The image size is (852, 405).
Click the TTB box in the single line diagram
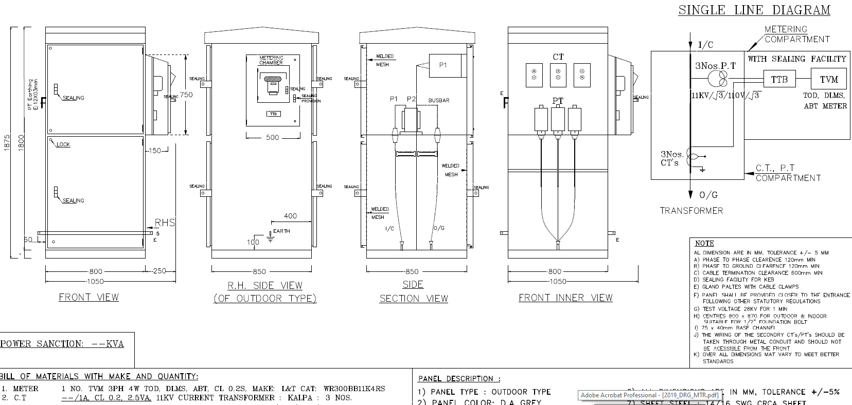click(780, 80)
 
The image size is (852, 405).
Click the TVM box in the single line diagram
click(829, 80)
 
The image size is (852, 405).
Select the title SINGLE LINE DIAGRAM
click(754, 10)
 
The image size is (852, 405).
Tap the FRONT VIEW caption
click(88, 297)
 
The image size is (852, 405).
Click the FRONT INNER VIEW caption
click(565, 298)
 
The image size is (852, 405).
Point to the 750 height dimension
click(186, 95)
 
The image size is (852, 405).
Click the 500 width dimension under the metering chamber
click(272, 137)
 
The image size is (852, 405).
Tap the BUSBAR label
click(439, 100)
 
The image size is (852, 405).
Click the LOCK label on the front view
click(63, 144)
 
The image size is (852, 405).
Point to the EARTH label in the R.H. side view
click(281, 231)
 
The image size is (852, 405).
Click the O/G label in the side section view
click(439, 228)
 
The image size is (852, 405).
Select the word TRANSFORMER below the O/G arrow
click(691, 211)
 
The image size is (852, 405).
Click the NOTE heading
click(704, 243)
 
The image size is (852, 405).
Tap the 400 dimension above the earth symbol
click(290, 216)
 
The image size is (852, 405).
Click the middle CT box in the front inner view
click(558, 75)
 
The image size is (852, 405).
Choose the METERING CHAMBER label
click(271, 60)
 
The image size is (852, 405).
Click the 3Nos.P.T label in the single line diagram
click(715, 66)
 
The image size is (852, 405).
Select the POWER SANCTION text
click(62, 344)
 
